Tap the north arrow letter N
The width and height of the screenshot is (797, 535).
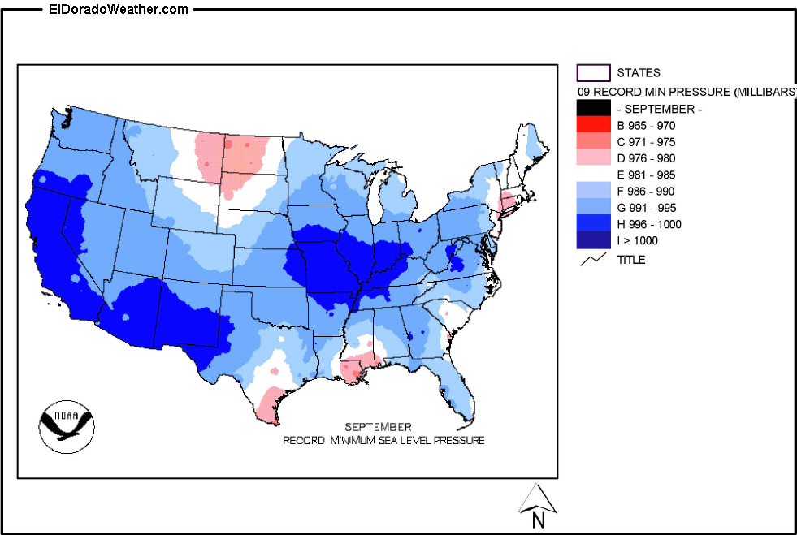[537, 520]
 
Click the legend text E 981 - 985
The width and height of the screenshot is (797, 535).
[646, 175]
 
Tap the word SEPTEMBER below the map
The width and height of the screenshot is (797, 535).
[378, 427]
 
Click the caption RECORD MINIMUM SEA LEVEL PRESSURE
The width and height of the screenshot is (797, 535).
[383, 440]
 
